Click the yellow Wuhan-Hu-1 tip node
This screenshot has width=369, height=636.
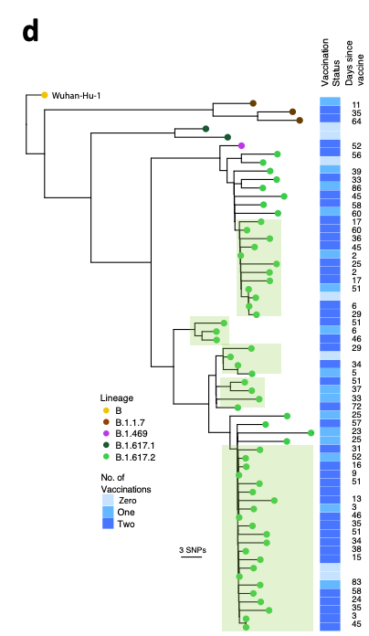(x=45, y=95)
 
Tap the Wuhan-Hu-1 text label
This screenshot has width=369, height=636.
(x=76, y=96)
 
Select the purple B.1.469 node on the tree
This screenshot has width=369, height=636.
(x=241, y=145)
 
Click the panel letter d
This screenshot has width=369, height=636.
(x=31, y=31)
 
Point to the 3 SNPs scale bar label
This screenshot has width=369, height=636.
(x=193, y=550)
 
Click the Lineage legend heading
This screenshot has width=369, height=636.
(x=117, y=397)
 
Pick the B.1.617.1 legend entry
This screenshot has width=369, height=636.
(x=129, y=445)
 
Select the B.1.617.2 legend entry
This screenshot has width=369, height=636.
(x=129, y=457)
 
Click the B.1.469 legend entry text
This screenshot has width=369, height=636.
(x=132, y=434)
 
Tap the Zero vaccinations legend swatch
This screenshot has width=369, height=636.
(x=108, y=500)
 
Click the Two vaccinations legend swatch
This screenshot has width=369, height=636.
(x=108, y=524)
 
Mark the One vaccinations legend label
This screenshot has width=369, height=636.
(x=126, y=512)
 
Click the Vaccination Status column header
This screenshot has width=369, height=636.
(x=331, y=62)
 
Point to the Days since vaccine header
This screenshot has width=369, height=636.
(x=354, y=63)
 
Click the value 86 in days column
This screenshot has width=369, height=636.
(x=356, y=188)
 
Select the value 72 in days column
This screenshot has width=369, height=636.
(x=356, y=407)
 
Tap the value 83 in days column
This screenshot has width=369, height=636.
(x=356, y=582)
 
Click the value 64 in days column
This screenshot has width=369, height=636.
(x=356, y=122)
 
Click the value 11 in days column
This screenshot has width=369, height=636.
(x=356, y=105)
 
